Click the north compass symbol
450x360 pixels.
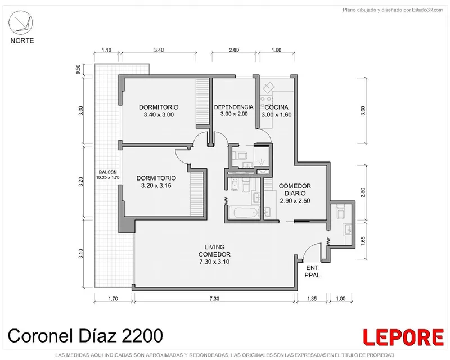[21, 22]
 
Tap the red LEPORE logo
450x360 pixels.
[403, 337]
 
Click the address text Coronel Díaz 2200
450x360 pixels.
[85, 336]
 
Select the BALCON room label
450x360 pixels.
[107, 172]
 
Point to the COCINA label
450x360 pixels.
[276, 107]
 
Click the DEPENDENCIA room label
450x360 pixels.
[234, 107]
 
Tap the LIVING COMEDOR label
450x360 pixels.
[214, 250]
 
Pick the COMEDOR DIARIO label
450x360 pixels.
[295, 190]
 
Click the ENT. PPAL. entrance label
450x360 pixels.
[313, 271]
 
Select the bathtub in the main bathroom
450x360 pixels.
[246, 213]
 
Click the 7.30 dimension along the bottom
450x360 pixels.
[214, 299]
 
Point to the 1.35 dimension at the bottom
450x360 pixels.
[312, 299]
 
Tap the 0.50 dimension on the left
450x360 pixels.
[78, 69]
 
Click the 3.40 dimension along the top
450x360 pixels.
[159, 50]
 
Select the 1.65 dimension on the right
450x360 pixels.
[363, 241]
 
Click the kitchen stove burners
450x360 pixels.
[266, 103]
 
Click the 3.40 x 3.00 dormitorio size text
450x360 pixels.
[159, 115]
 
